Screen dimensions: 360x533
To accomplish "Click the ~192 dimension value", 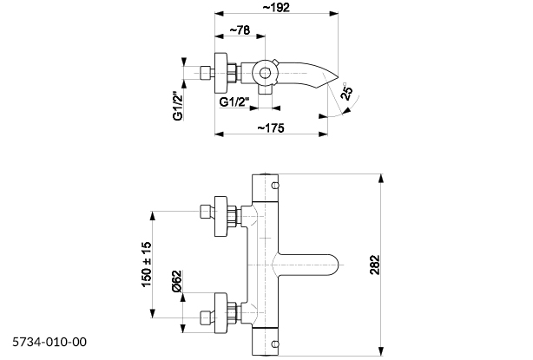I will (276, 7).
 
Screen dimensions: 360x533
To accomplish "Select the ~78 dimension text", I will (241, 32).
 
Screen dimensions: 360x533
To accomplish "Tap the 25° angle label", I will (346, 93).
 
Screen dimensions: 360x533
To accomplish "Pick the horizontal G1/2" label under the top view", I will (234, 101).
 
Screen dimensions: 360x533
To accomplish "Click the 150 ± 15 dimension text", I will (147, 265).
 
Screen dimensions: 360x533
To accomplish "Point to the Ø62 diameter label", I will (176, 281).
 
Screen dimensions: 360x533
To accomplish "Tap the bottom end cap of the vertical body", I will (266, 342).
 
